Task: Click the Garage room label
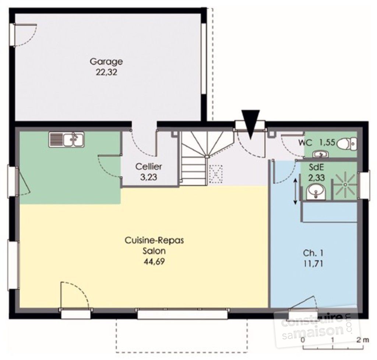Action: click(106, 61)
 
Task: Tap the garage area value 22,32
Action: click(106, 72)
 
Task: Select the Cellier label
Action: click(149, 166)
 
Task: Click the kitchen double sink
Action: click(66, 140)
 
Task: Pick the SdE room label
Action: click(314, 167)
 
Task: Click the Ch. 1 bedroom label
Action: click(314, 253)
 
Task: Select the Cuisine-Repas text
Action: click(154, 240)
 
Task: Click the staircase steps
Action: click(194, 169)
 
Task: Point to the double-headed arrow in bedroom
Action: click(295, 190)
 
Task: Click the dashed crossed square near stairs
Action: click(215, 174)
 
